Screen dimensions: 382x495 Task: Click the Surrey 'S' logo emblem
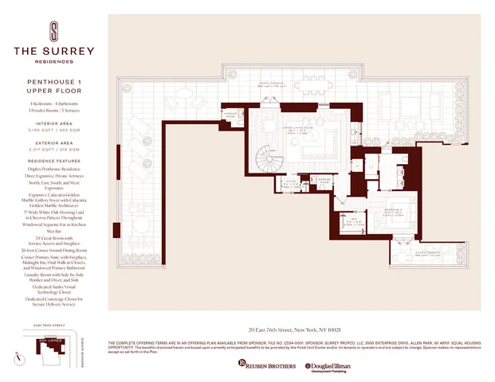[53, 31]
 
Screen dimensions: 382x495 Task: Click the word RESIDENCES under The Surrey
[53, 60]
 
